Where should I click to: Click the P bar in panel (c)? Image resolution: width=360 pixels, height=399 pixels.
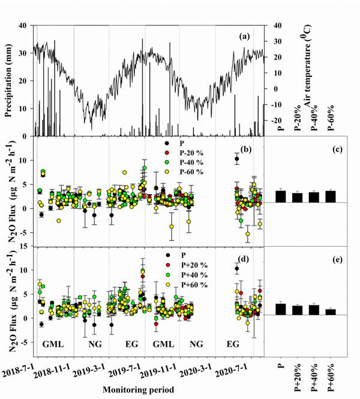280,196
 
